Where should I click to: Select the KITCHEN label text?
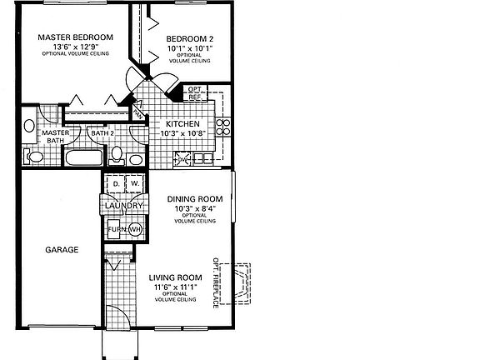(182, 124)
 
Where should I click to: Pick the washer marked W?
(134, 184)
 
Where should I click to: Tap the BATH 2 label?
(102, 133)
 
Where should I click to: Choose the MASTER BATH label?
(55, 137)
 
